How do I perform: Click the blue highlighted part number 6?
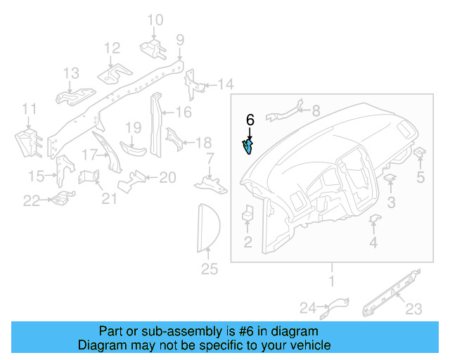coord(248,146)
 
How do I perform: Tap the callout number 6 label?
coord(250,120)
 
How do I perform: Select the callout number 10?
coord(155,20)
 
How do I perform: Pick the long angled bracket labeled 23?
coord(390,292)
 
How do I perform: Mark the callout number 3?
coord(391,203)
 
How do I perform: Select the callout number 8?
coord(314,110)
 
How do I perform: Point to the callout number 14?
coord(225,85)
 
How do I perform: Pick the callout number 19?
coord(134,127)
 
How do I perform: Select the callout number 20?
coord(167,177)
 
